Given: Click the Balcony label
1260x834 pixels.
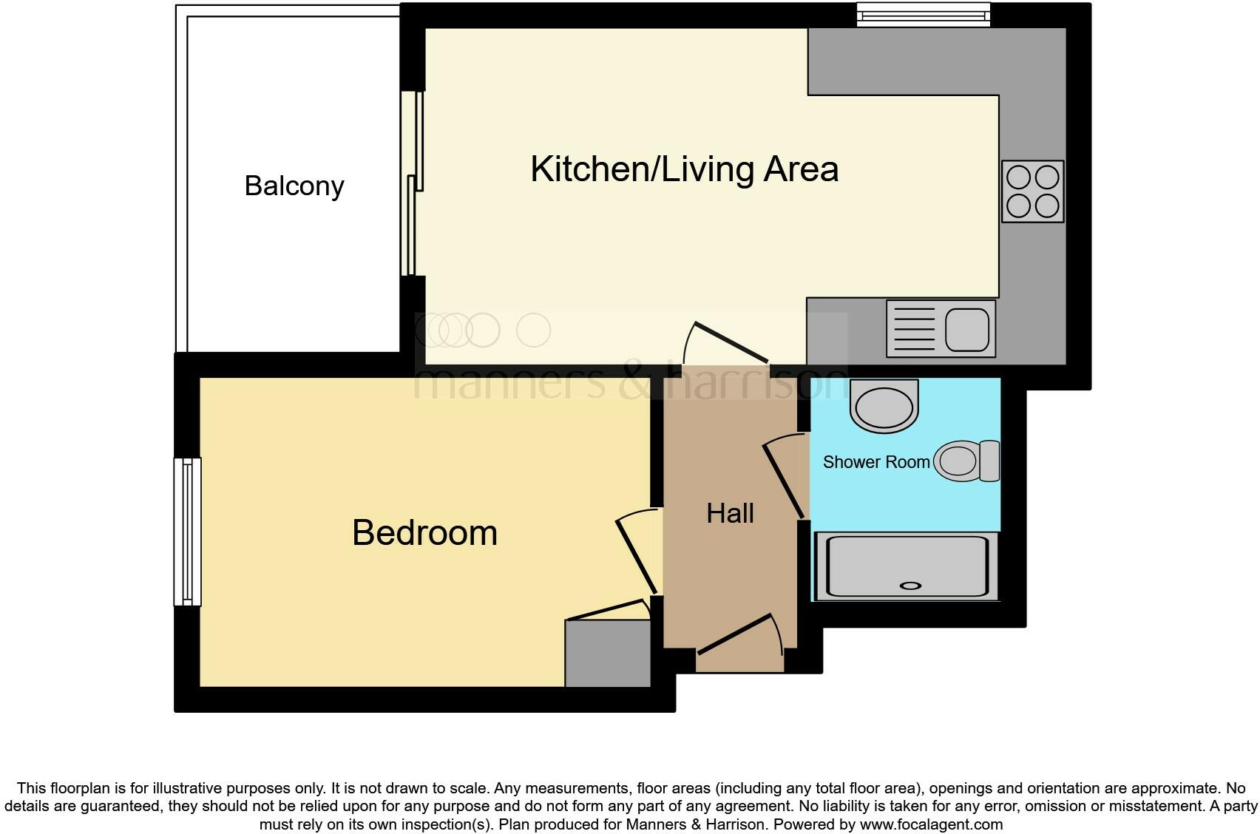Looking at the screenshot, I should pyautogui.click(x=294, y=186).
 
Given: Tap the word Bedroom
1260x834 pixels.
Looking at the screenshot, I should pyautogui.click(x=424, y=533).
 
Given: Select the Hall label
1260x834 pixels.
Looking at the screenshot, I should pyautogui.click(x=730, y=513).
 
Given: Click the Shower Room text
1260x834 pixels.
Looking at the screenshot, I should pyautogui.click(x=876, y=462).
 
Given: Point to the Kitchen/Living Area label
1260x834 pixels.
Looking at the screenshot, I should pyautogui.click(x=684, y=169).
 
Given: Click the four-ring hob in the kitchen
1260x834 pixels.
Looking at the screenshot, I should pyautogui.click(x=1032, y=191).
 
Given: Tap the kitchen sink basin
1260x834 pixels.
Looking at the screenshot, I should pyautogui.click(x=966, y=329).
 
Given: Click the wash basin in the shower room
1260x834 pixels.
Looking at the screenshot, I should pyautogui.click(x=884, y=407).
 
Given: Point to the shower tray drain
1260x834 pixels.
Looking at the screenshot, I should pyautogui.click(x=910, y=586).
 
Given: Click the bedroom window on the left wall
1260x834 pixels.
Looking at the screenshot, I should pyautogui.click(x=187, y=532).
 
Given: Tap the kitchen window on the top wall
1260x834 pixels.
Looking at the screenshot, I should pyautogui.click(x=923, y=14).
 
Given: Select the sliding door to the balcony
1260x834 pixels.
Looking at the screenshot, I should pyautogui.click(x=412, y=183).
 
